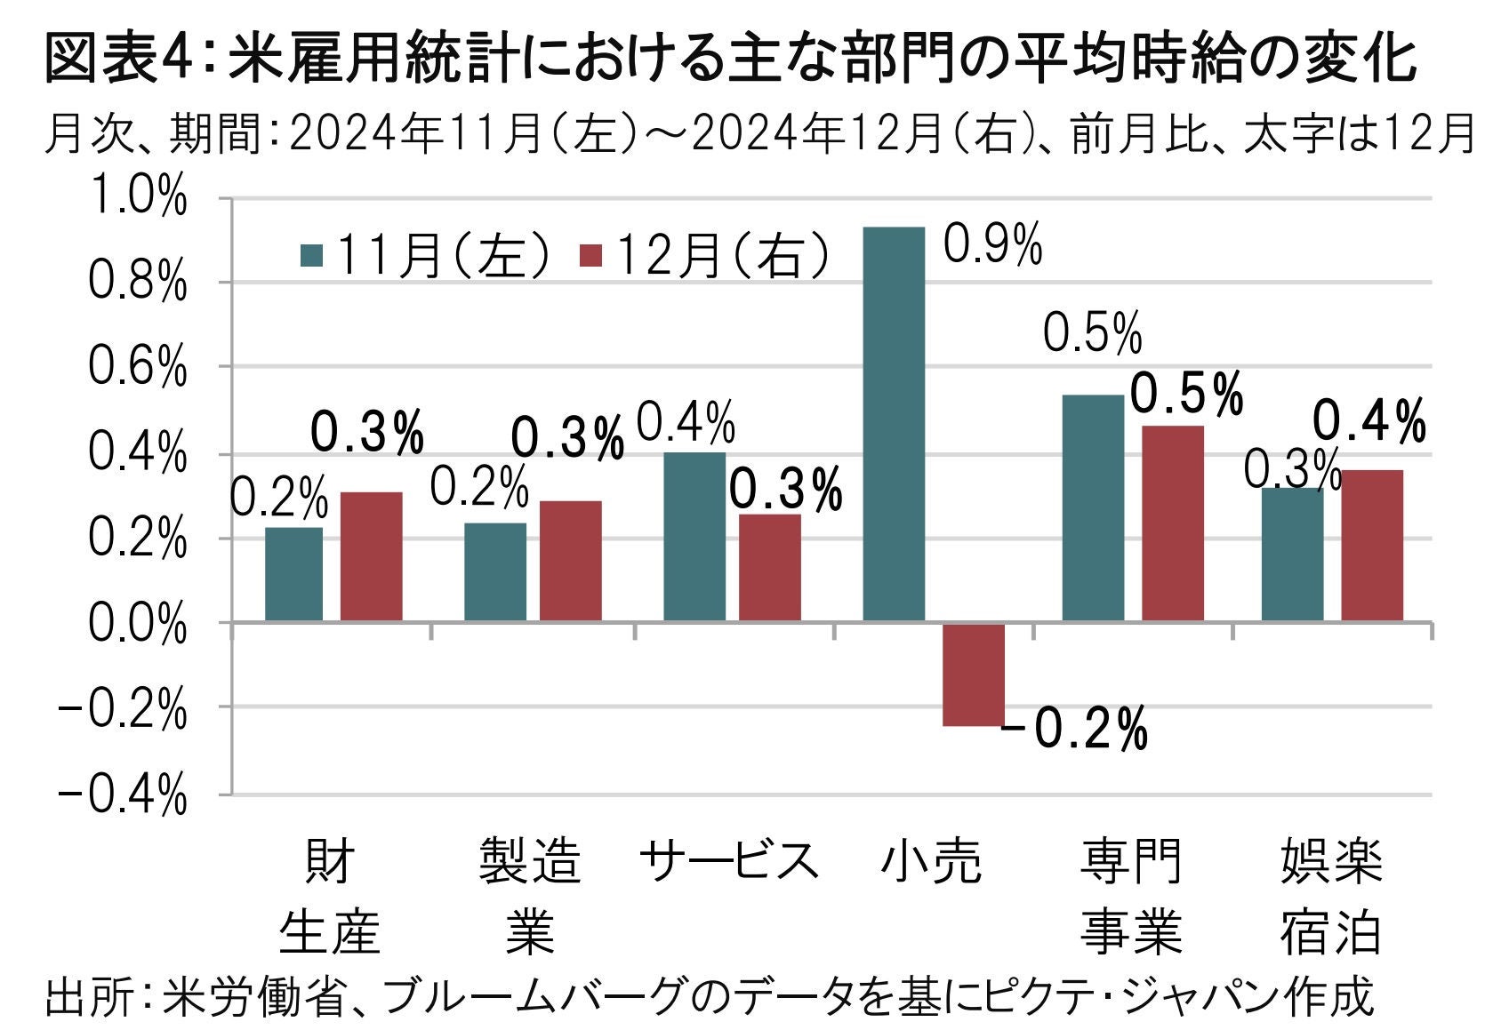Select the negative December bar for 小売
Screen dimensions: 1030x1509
tap(974, 675)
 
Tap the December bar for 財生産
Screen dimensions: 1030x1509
tap(371, 556)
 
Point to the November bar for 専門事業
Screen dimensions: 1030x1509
tap(1093, 507)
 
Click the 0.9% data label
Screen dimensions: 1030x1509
tap(992, 244)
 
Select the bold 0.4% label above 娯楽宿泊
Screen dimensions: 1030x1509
tap(1369, 421)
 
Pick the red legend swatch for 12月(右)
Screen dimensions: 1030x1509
tap(591, 256)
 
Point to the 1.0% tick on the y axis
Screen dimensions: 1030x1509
tap(138, 199)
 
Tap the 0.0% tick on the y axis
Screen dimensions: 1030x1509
tap(138, 625)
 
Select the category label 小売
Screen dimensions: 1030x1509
tap(931, 860)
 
